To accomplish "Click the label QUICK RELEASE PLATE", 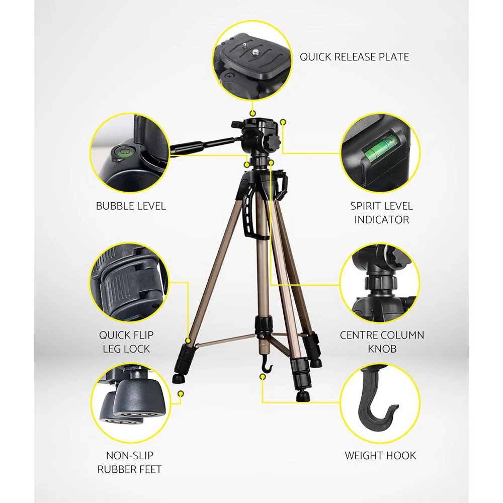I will point(354,57).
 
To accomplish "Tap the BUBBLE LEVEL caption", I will point(131,206).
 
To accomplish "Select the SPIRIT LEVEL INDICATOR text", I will point(381,212).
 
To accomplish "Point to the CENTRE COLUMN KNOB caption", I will point(382,342).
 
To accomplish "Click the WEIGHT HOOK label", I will point(380,456).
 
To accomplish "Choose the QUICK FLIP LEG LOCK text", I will point(126,342).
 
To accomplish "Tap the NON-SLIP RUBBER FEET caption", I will point(129,462).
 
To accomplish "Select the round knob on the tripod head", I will point(273,141).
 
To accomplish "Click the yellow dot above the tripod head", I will point(253,114).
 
